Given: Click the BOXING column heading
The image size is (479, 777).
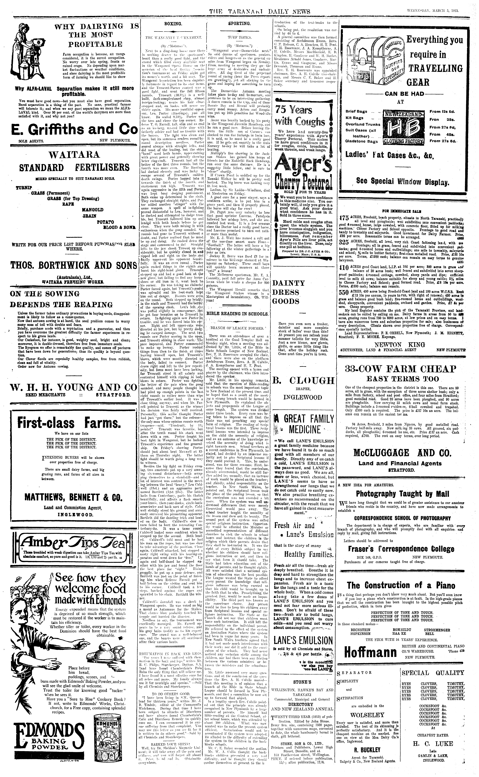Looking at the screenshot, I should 173,24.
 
